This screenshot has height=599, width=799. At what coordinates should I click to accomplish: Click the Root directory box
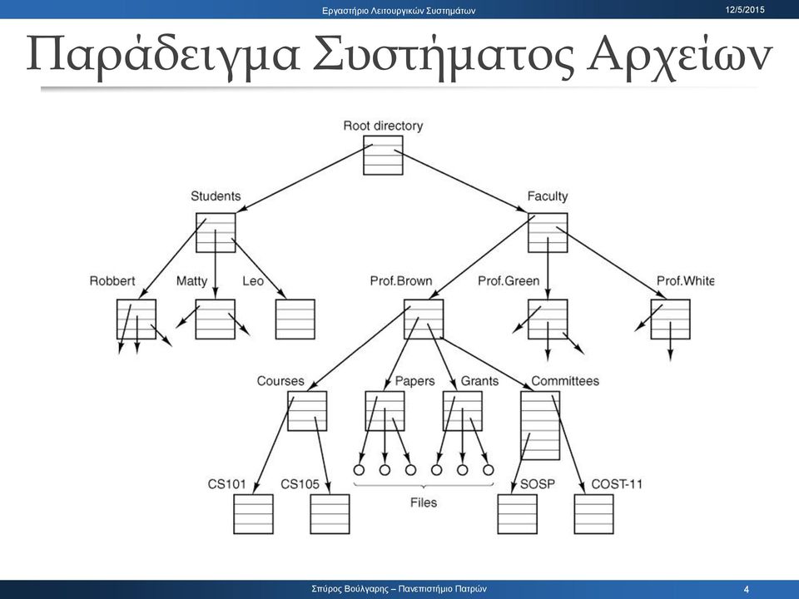point(383,156)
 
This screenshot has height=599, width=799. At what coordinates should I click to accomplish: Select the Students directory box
point(216,233)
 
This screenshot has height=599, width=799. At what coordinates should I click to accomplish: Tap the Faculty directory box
point(548,233)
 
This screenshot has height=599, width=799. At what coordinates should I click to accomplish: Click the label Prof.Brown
point(401,281)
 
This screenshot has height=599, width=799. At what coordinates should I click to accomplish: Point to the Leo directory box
point(295,319)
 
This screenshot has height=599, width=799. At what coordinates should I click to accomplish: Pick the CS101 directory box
point(253,514)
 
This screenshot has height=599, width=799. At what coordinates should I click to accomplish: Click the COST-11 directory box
point(593,514)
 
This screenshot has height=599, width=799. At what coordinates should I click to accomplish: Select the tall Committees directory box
point(540,426)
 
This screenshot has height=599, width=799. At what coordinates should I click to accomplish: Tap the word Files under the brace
point(424,502)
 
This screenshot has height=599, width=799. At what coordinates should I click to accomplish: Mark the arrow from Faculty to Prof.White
point(612,262)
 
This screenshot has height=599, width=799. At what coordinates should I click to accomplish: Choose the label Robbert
point(112,281)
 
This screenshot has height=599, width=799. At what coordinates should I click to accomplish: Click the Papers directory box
point(385,411)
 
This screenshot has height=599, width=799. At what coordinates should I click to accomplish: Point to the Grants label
point(479,381)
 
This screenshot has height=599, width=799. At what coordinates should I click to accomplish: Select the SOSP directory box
point(517,514)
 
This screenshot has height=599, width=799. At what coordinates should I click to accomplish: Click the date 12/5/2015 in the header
point(745,10)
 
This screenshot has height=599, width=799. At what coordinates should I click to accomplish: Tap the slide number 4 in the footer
point(747,589)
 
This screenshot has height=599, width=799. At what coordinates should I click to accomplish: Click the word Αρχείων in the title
point(680,55)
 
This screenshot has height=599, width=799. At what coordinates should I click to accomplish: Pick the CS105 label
point(300,484)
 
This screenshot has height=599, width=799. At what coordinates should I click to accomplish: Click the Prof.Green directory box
point(548,319)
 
